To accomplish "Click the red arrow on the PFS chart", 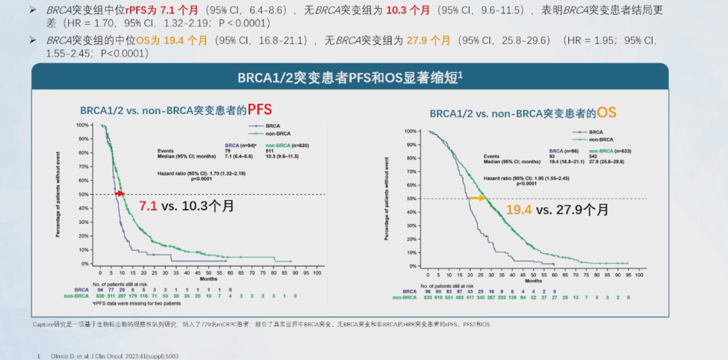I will [121, 193].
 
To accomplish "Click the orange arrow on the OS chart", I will [477, 198].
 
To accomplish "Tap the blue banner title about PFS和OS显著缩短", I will [350, 78].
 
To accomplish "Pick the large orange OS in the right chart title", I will [606, 113].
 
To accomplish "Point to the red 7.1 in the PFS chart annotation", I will [148, 206].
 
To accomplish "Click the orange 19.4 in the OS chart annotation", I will [518, 210].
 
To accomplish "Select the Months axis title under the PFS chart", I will [208, 278].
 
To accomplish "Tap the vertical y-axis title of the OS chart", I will [387, 198].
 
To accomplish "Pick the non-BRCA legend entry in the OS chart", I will [595, 138].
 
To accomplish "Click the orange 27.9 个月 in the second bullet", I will [428, 40].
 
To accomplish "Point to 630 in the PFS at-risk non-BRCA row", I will [100, 295].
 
